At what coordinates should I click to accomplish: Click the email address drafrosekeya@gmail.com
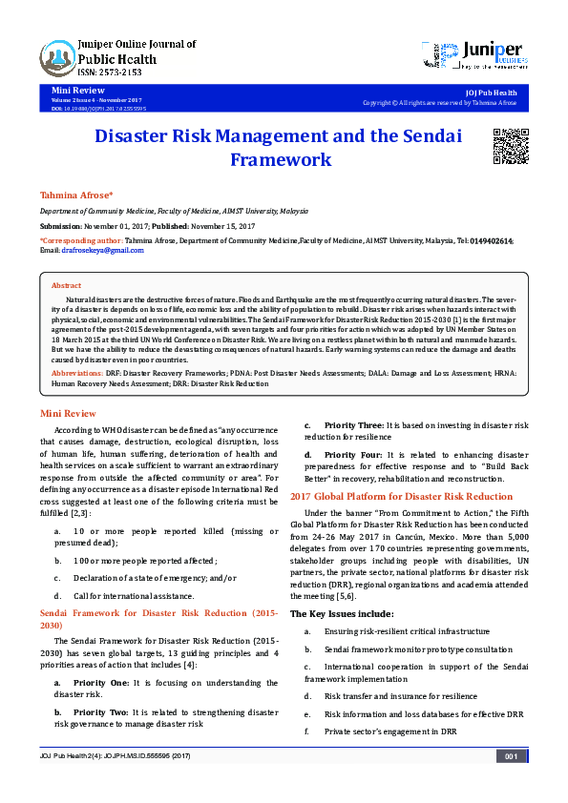89,251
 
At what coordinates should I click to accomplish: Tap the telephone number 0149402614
492,242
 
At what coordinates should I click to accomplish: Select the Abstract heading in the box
66,285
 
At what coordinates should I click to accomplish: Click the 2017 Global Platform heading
401,496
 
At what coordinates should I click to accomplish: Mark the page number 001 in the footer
511,783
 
